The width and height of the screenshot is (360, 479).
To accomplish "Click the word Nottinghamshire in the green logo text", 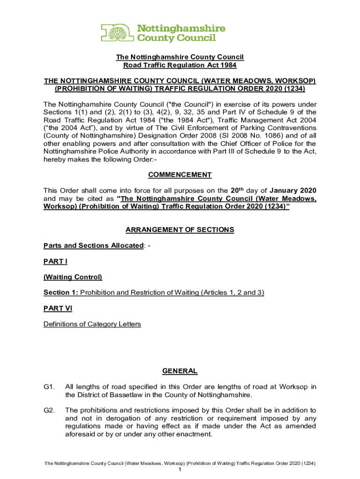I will pos(180,29).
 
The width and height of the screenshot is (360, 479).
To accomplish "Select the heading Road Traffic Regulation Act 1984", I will pos(180,65).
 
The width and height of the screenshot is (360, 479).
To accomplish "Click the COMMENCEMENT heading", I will pos(180,175).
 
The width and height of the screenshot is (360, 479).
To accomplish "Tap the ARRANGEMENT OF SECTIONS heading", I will pos(180,230).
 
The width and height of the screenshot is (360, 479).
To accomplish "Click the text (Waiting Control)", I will pos(72,277).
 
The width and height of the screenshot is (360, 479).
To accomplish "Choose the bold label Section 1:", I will pos(61,293).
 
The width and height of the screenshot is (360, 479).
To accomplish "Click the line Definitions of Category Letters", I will pos(92,324).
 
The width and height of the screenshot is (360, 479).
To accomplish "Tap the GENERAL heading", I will pos(180,371).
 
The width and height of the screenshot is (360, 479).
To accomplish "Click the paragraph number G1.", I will pos(50,387).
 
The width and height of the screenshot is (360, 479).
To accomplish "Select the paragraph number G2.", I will pos(50,410).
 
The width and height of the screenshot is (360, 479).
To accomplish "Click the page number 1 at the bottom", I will pos(180,470).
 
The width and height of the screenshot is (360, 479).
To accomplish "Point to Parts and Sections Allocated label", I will pos(94,246).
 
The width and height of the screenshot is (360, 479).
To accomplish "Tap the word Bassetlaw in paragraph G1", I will pos(110,394).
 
